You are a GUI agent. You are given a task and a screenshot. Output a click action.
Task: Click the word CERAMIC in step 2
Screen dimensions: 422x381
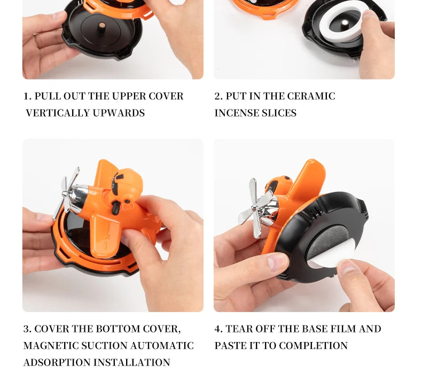[311, 96]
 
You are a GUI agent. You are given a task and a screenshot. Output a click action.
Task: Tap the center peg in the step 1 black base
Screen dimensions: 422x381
[101, 27]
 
